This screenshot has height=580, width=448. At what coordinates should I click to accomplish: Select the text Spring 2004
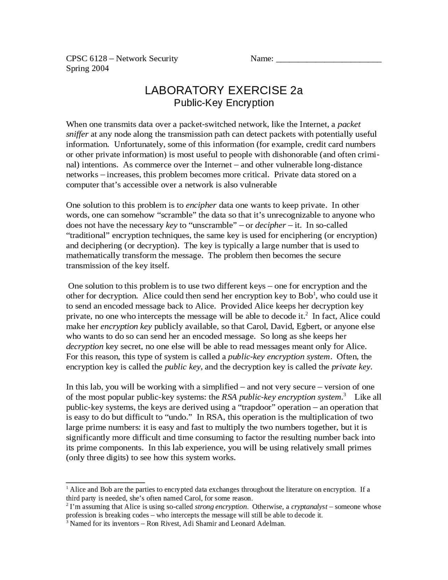point(87,68)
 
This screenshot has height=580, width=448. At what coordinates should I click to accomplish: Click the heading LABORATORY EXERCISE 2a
point(224,90)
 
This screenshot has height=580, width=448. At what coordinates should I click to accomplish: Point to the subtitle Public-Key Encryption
point(224,103)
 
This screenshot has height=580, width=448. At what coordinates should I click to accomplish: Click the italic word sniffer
point(77,134)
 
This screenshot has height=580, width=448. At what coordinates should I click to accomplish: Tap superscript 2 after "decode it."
point(307,314)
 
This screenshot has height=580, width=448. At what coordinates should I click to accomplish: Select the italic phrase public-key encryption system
point(279,357)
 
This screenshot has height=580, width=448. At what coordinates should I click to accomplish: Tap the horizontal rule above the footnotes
point(105,482)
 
